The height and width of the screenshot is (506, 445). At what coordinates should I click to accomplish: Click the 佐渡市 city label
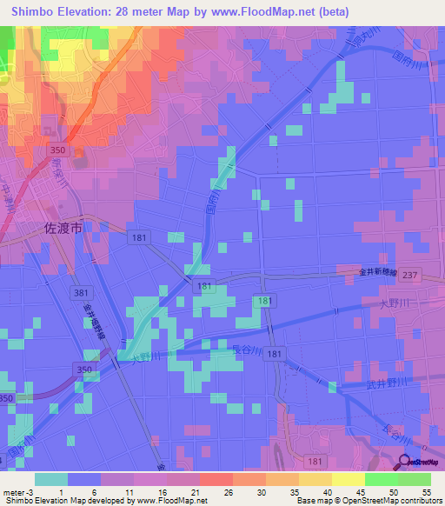(x=63, y=229)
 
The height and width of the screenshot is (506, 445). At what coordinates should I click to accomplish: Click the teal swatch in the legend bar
(x=51, y=479)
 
